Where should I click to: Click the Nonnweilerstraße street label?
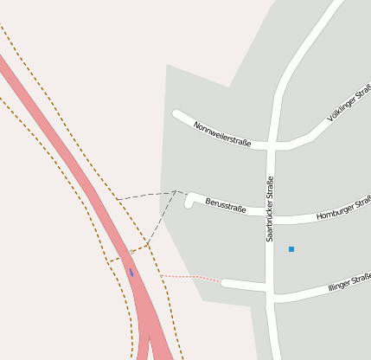pyautogui.click(x=222, y=134)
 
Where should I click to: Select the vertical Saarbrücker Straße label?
pyautogui.click(x=270, y=209)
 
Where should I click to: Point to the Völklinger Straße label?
pyautogui.click(x=350, y=102)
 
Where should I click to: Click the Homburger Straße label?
pyautogui.click(x=344, y=209)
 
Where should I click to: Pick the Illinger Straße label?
pyautogui.click(x=349, y=282)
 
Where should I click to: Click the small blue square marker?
pyautogui.click(x=291, y=249)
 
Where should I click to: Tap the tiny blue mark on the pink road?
pyautogui.click(x=131, y=272)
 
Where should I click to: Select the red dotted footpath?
pyautogui.click(x=192, y=278)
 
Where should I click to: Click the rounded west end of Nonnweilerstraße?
pyautogui.click(x=177, y=113)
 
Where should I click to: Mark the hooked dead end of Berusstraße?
pyautogui.click(x=189, y=204)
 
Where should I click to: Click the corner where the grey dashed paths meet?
pyautogui.click(x=176, y=191)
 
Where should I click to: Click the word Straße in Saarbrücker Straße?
pyautogui.click(x=270, y=189)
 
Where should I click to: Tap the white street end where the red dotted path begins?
pyautogui.click(x=225, y=282)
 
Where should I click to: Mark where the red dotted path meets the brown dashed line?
pyautogui.click(x=161, y=275)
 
